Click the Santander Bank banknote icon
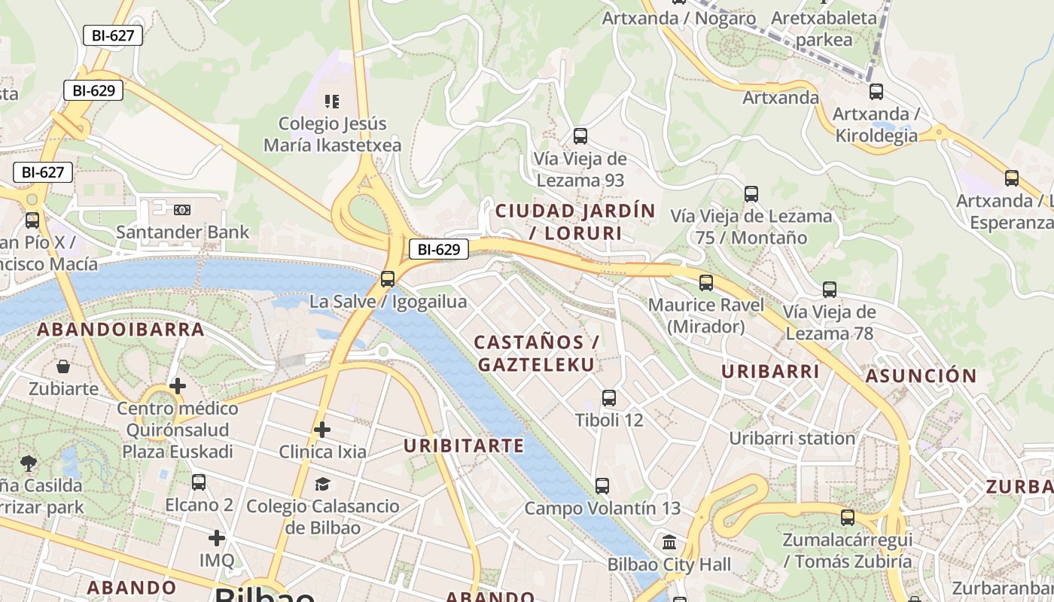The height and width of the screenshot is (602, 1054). (x=182, y=210)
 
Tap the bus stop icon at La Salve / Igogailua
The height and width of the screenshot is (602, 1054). (x=388, y=279)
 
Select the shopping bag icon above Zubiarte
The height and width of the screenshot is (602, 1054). (x=63, y=366)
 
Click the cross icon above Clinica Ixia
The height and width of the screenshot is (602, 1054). (x=322, y=430)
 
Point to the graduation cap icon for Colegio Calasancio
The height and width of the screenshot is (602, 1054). (x=322, y=483)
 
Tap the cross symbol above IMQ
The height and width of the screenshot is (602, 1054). (x=217, y=538)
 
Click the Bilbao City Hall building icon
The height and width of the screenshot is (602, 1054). (x=669, y=542)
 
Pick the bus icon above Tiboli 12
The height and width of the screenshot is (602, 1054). (x=609, y=398)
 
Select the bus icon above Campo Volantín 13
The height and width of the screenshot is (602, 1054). (x=602, y=486)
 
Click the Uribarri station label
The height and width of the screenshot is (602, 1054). (x=792, y=438)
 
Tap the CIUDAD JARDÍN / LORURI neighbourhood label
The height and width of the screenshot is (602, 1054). (x=575, y=221)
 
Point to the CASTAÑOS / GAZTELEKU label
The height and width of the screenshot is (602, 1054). (x=536, y=353)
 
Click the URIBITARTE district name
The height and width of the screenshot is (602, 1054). (x=464, y=445)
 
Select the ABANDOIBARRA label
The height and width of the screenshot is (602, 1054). (x=120, y=330)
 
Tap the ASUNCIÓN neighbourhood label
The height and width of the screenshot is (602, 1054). (x=921, y=375)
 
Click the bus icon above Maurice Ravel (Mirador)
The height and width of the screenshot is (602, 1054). (x=705, y=283)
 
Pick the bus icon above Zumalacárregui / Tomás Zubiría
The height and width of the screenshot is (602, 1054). (x=848, y=518)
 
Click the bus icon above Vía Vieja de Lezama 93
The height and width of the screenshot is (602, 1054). (x=580, y=136)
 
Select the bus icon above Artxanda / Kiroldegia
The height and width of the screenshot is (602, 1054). (x=876, y=92)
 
